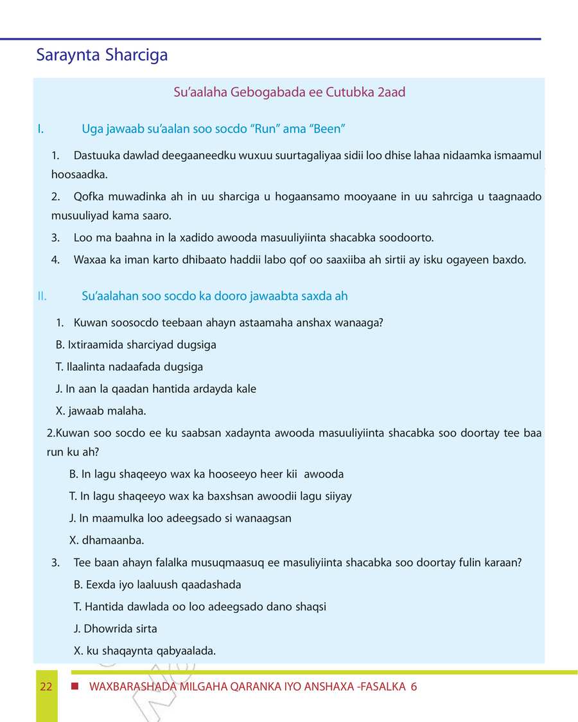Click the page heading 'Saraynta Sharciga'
point(102,55)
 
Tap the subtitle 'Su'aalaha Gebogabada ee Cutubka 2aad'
point(290,92)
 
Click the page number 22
point(46,687)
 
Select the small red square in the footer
point(75,686)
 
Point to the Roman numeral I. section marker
point(40,129)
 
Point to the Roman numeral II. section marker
point(42,296)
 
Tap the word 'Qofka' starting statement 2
point(87,196)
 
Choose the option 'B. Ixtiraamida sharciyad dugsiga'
point(136,345)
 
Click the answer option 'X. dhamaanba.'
point(107,540)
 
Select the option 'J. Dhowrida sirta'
point(116,629)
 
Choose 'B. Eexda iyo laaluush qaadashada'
point(158,585)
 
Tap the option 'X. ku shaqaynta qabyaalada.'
point(145,651)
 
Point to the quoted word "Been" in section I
point(328,129)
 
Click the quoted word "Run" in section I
point(264,129)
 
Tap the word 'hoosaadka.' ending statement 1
point(80,174)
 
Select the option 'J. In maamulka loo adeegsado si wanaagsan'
point(180,518)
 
